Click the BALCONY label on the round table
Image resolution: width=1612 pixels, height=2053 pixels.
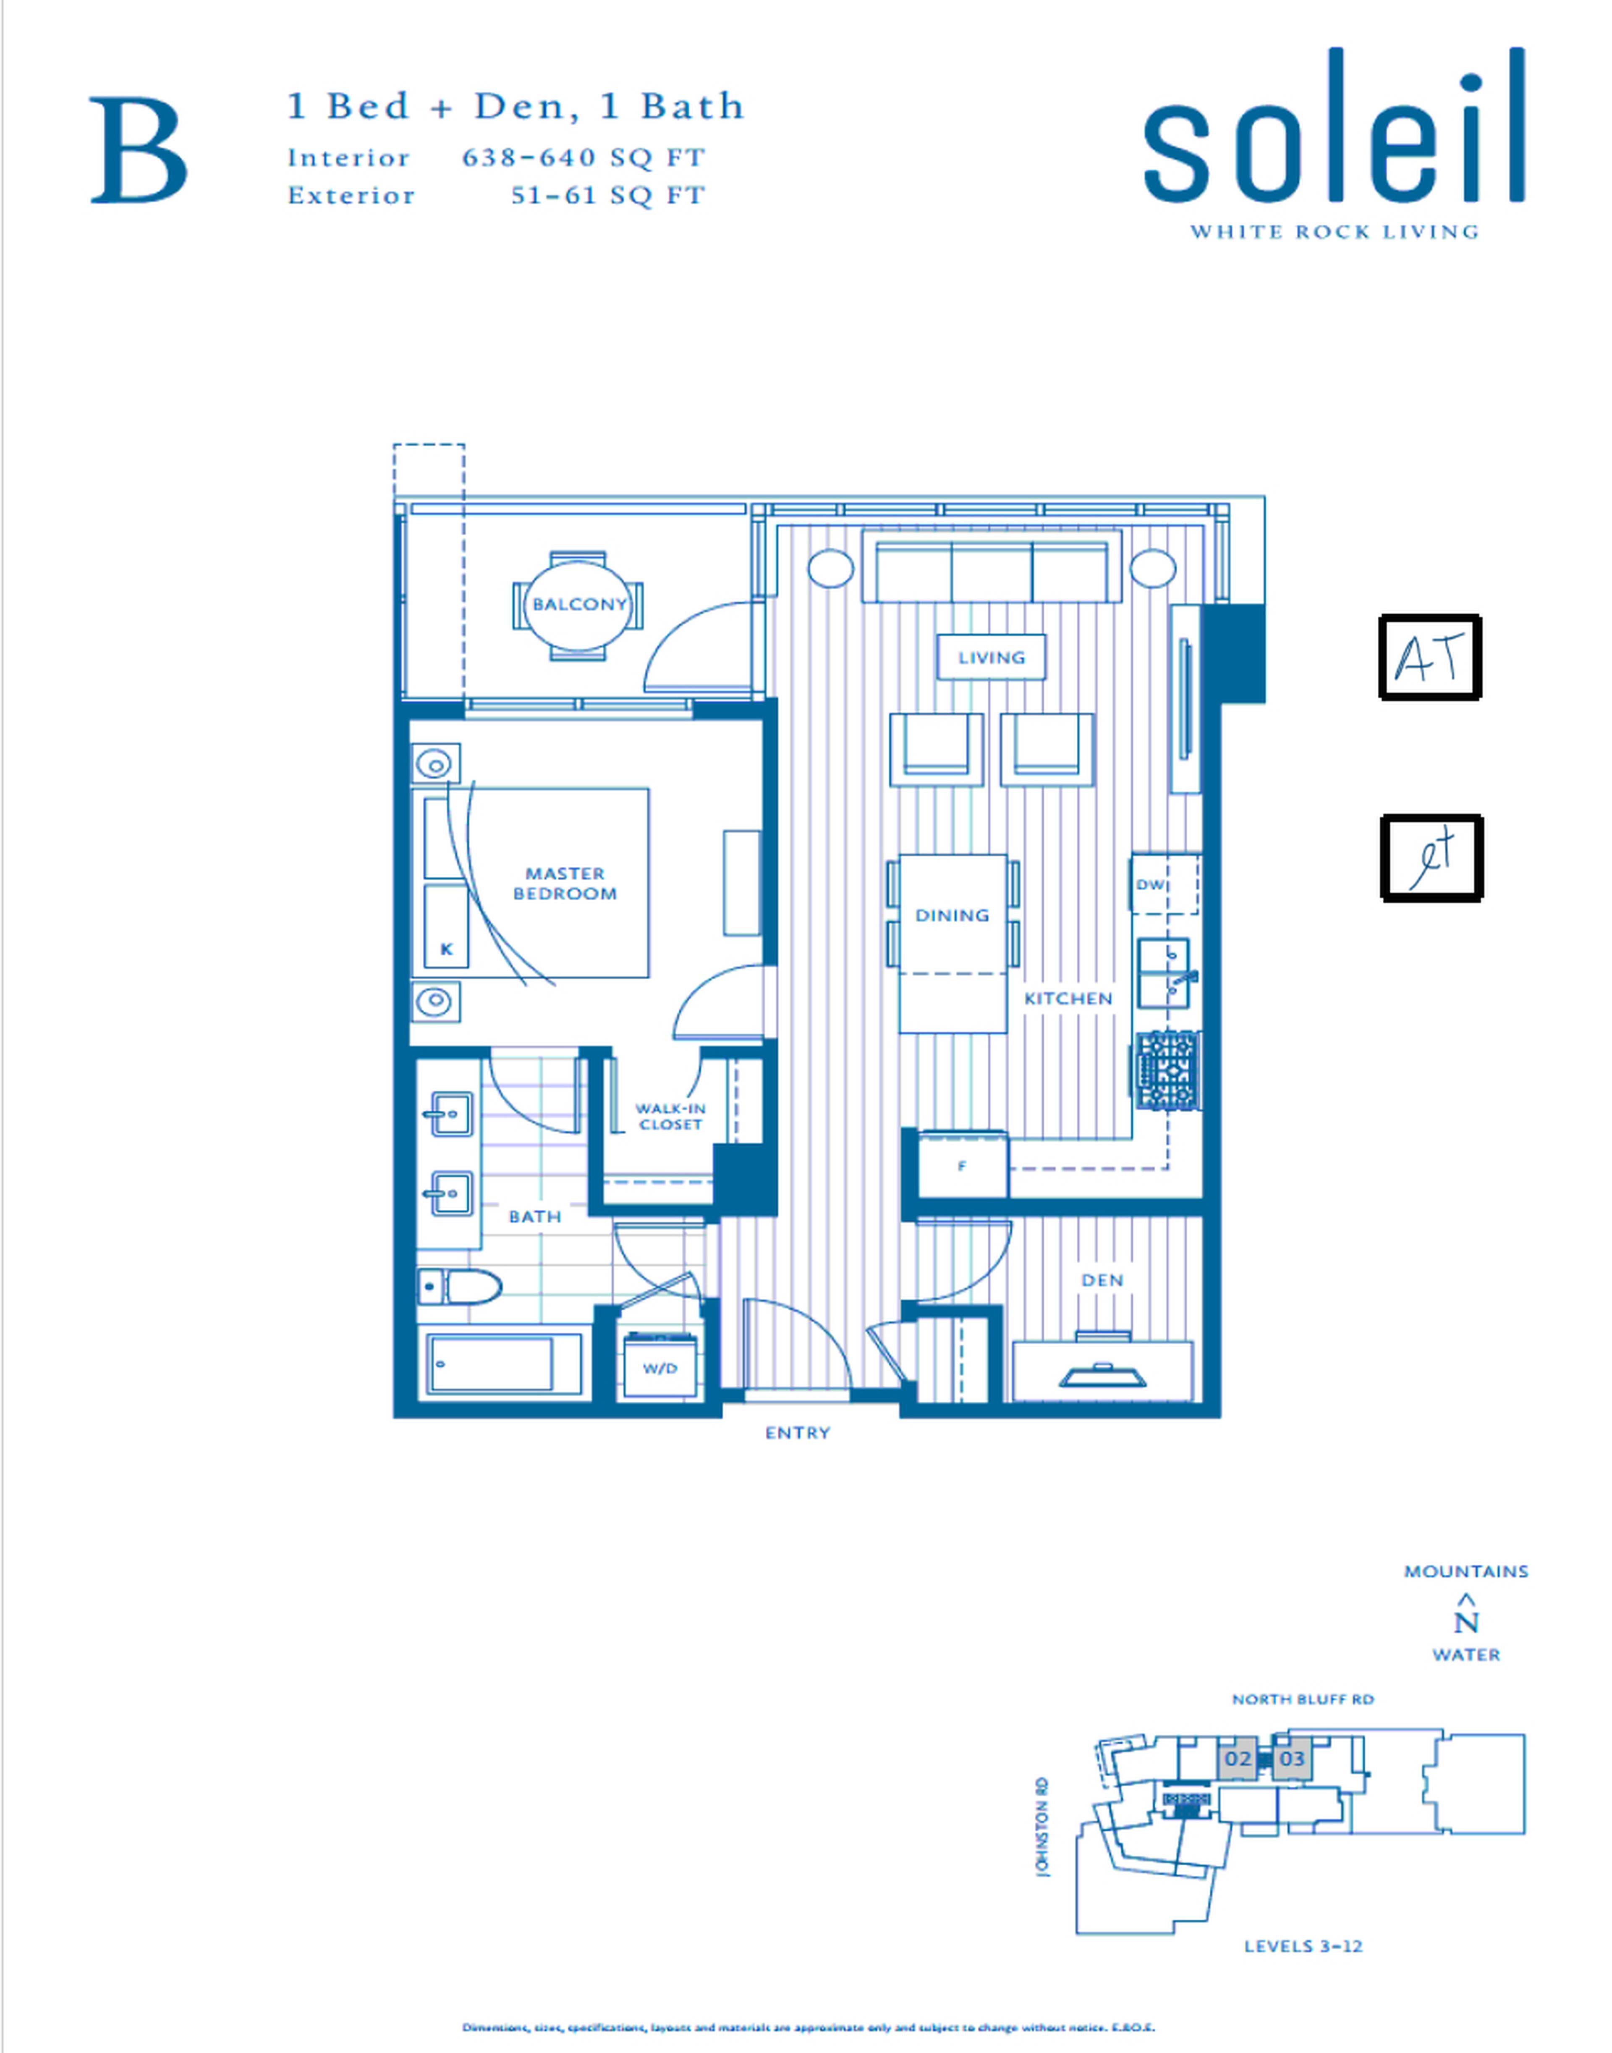click(x=578, y=604)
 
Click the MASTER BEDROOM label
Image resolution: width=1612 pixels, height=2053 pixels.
click(x=564, y=884)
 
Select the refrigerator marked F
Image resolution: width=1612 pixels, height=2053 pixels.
click(x=962, y=1166)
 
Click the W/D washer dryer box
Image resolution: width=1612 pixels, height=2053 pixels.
click(x=660, y=1368)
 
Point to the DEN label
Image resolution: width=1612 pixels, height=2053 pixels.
click(x=1102, y=1280)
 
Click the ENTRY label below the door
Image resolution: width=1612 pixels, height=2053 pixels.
click(x=798, y=1433)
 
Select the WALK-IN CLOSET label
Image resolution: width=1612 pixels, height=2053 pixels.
click(x=670, y=1116)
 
